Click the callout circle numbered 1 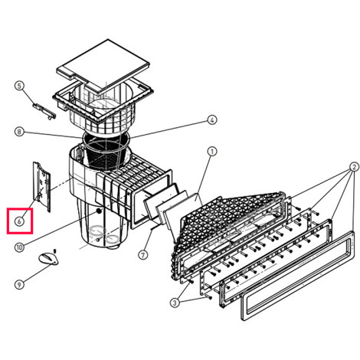(x=211, y=152)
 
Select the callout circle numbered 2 (x=354, y=167)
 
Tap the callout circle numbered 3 (x=175, y=303)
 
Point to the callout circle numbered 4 (x=212, y=119)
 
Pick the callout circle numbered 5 (x=20, y=86)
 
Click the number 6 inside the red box (x=19, y=221)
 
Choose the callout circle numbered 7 (x=143, y=254)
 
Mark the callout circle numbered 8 (x=19, y=132)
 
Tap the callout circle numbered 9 (x=19, y=284)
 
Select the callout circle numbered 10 (x=20, y=247)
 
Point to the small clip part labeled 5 (x=44, y=110)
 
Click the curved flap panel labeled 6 (x=41, y=186)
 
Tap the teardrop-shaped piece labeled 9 (x=48, y=258)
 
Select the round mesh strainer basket (x=106, y=152)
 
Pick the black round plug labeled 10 (x=99, y=211)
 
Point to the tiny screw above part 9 (x=54, y=251)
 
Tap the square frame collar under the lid (x=103, y=101)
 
